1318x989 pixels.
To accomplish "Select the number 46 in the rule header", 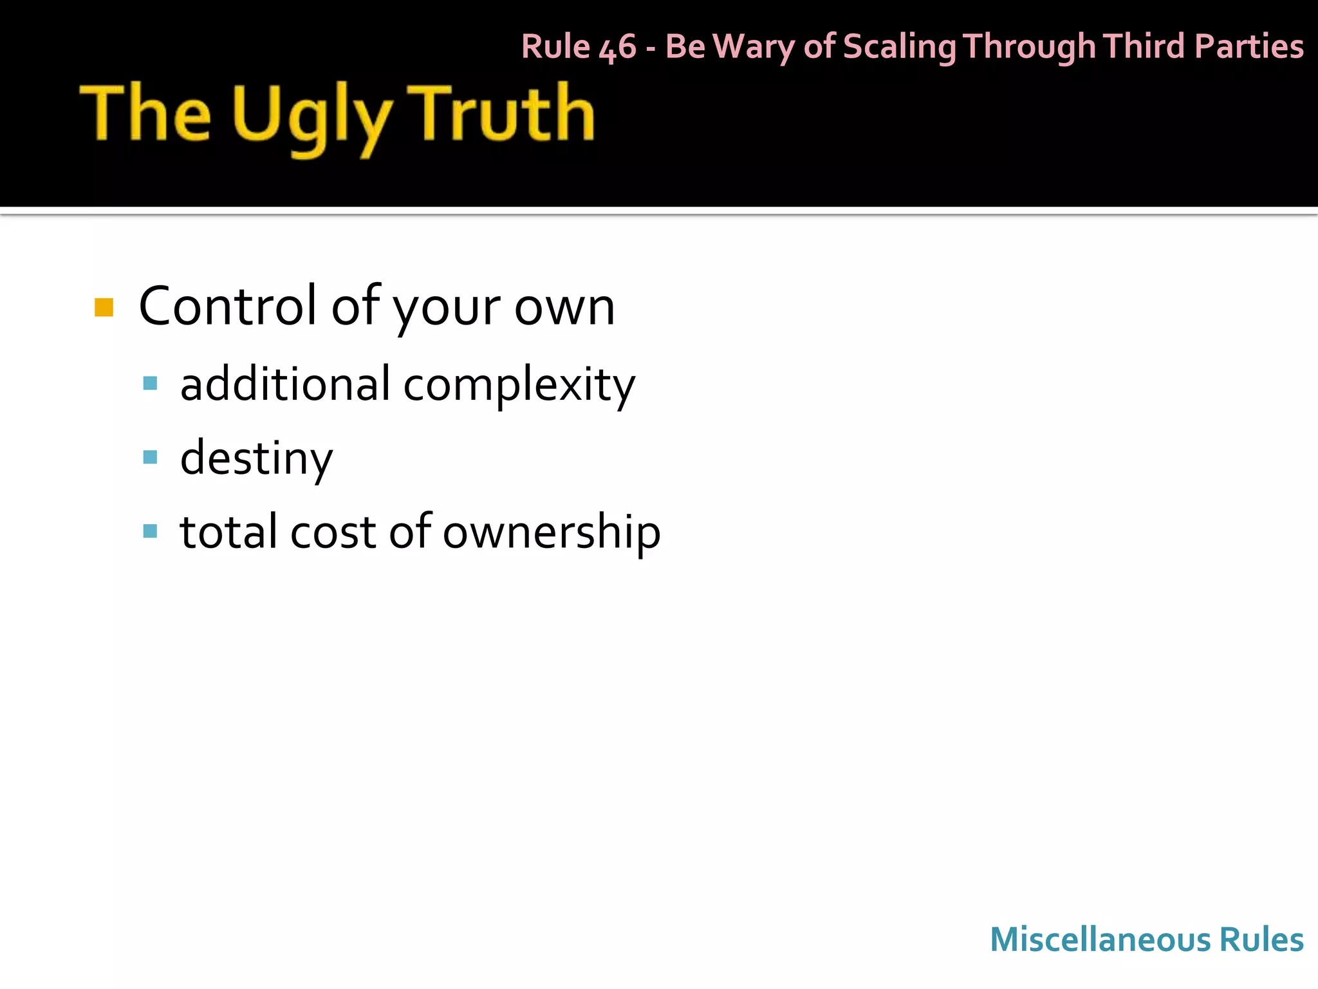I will pos(617,48).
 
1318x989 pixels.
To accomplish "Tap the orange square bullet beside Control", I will pos(104,308).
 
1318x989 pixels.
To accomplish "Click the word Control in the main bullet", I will pos(228,306).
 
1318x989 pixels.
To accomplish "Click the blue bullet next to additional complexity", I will pos(151,384).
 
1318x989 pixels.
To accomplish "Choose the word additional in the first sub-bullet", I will pos(285,384).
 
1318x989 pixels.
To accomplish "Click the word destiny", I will pos(256,458).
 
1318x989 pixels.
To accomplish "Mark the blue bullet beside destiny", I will pos(151,458).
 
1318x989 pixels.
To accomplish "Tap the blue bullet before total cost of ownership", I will pos(151,531).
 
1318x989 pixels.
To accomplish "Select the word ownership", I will pos(551,532).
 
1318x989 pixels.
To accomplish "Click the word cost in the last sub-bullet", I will pos(333,532).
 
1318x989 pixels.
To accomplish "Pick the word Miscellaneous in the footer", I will pos(1100,939).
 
